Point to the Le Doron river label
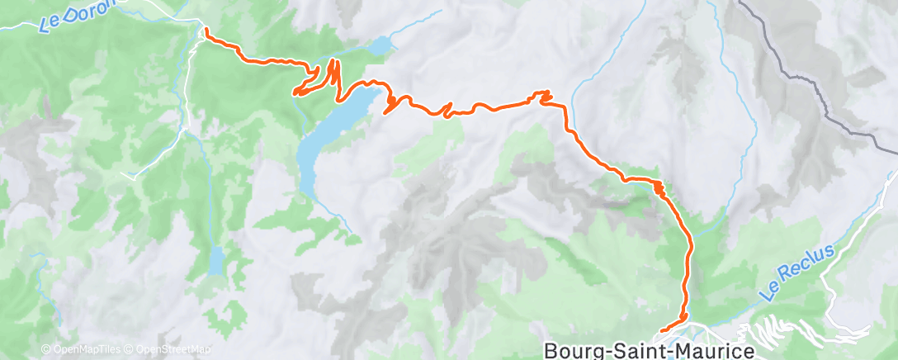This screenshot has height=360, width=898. (79, 15)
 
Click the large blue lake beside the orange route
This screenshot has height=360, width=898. (326, 140)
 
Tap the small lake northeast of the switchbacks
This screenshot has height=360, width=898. (381, 46)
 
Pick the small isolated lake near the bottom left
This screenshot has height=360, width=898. (215, 261)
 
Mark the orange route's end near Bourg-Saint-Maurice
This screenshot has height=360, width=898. (663, 331)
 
